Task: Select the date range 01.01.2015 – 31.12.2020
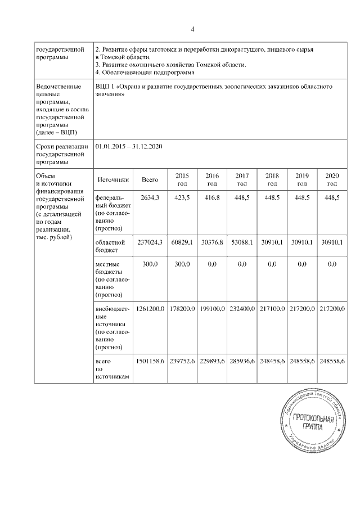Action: tap(129, 146)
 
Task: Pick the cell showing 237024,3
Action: tap(150, 242)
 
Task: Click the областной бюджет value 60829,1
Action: tap(182, 242)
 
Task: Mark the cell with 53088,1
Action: tap(242, 242)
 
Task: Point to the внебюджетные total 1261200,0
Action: tap(150, 309)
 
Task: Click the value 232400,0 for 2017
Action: tap(242, 309)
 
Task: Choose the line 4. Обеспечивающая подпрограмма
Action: tap(145, 73)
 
